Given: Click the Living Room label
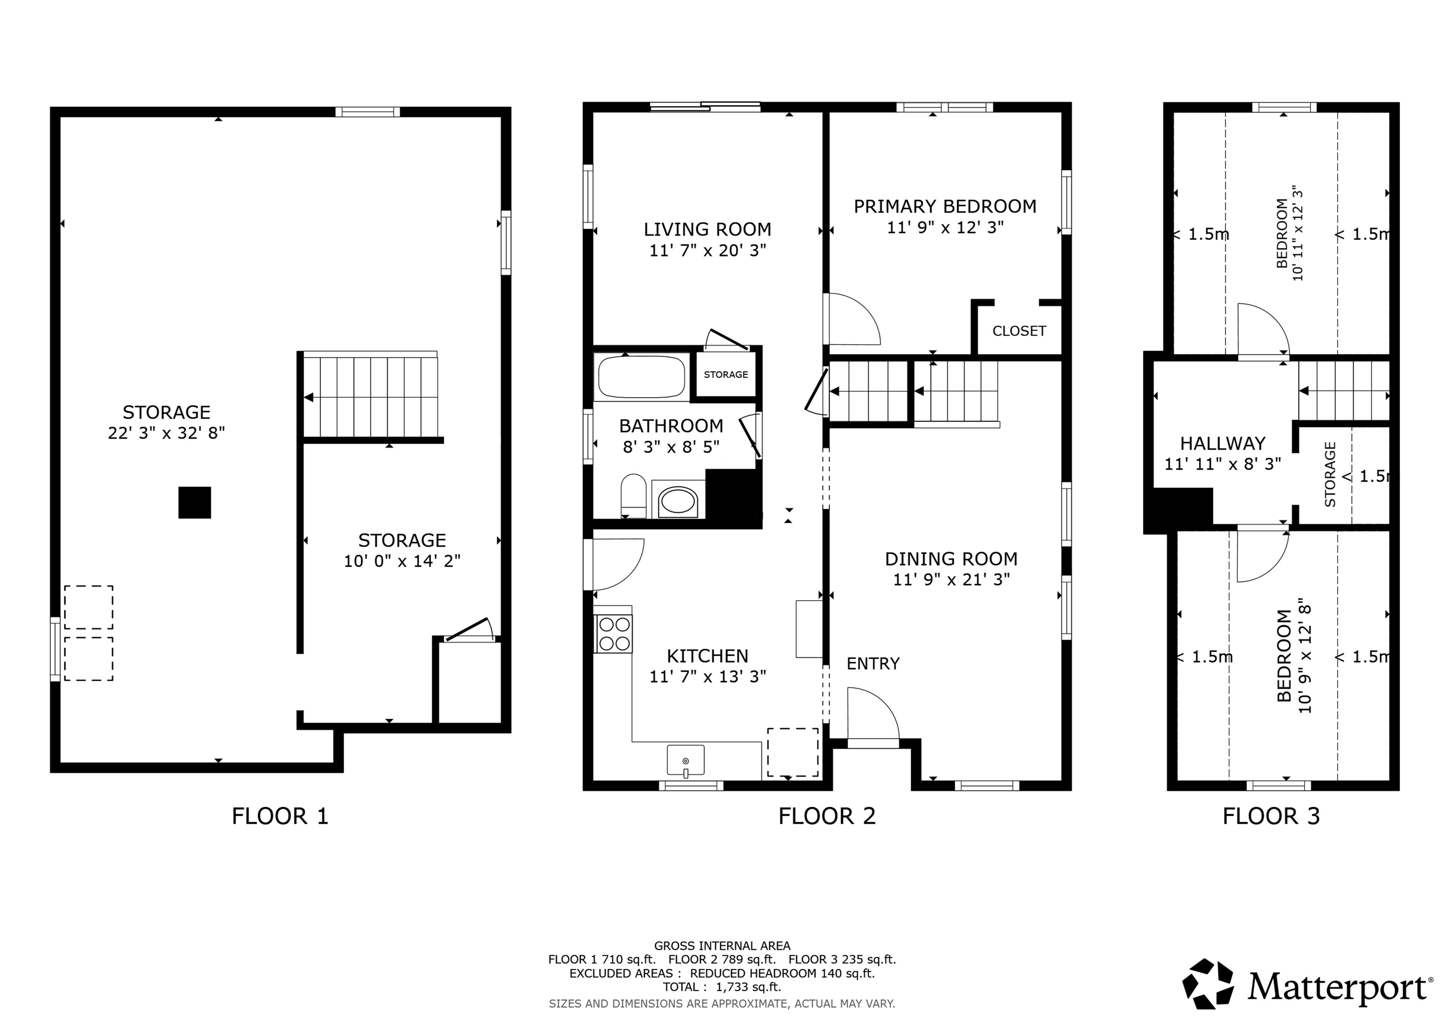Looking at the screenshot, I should click(x=707, y=229).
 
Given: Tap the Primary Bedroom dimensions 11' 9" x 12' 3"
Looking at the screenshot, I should click(x=945, y=227).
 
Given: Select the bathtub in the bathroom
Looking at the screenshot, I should click(x=641, y=377).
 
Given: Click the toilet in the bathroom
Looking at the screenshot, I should click(x=633, y=495).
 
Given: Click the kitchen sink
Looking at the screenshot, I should click(x=685, y=760).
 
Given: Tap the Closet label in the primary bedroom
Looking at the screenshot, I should click(x=1018, y=330).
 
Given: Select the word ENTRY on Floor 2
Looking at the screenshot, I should click(x=873, y=664).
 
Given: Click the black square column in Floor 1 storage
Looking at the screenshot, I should click(x=194, y=503).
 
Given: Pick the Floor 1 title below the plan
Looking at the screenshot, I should click(x=280, y=817).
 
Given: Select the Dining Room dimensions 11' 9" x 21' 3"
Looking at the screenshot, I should click(x=951, y=579).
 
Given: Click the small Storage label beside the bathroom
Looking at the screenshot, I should click(x=725, y=375).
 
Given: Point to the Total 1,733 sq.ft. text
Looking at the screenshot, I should click(x=721, y=987).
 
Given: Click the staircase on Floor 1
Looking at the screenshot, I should click(x=371, y=396).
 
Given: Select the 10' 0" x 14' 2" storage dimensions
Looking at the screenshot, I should click(x=402, y=561).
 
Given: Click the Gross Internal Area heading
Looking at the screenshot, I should click(x=721, y=946).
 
